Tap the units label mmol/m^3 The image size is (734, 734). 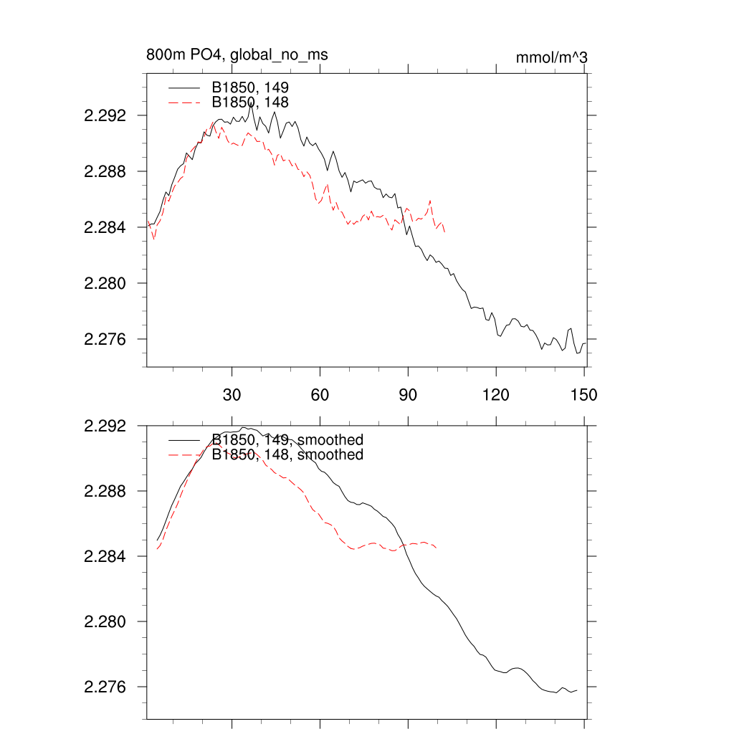coord(552,57)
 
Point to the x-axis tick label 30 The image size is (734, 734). coord(232,395)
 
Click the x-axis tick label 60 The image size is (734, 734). coord(320,395)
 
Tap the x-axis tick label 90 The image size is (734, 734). coord(408,395)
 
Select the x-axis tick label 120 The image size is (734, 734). coord(496,395)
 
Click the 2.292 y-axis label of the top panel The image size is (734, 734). coord(105,116)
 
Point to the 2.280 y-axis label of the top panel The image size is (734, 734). coord(105,283)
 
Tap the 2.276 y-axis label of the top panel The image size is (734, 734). coord(105,339)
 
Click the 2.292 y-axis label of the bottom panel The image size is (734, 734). coord(105,426)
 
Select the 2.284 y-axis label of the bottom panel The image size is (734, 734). coord(105,557)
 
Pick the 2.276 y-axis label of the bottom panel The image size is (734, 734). coord(105,687)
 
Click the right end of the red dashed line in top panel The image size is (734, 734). coord(445,232)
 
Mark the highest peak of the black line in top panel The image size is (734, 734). coord(252,104)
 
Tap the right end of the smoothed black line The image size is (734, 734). coord(577,690)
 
